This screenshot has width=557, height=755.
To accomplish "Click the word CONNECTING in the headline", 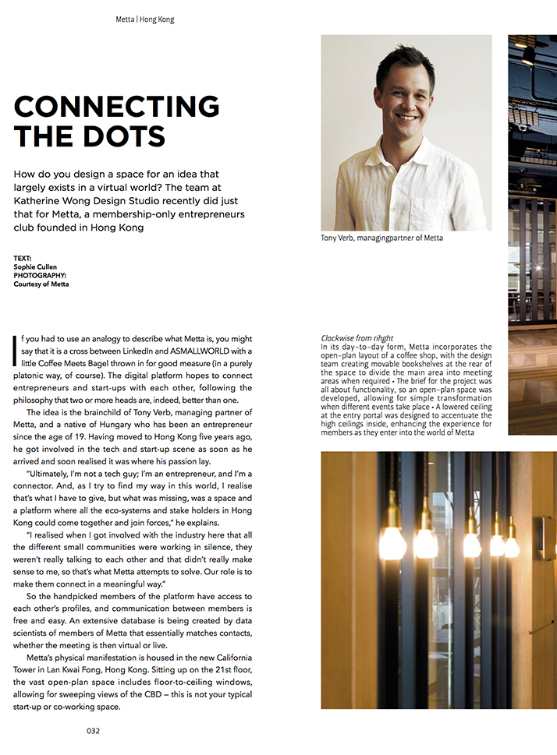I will (117, 107).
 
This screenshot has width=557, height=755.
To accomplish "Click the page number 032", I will (93, 731).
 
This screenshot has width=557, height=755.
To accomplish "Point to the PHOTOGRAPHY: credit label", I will (40, 275).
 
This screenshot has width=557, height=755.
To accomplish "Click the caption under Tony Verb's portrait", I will (381, 238).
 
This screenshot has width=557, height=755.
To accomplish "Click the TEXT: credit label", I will (23, 258).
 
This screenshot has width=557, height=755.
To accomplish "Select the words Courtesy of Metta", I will (41, 284).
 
